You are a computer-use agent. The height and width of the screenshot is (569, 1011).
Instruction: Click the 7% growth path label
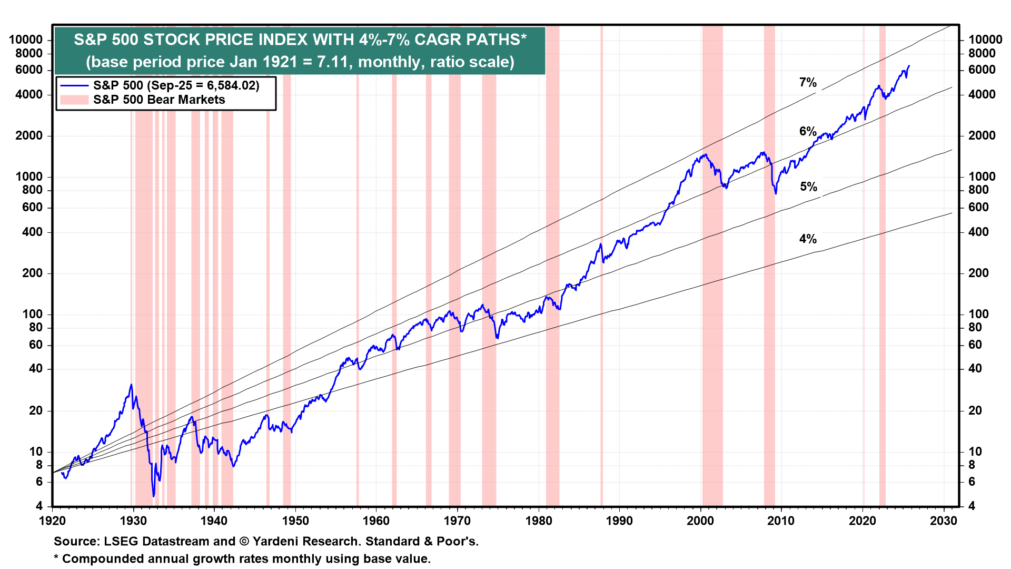point(808,82)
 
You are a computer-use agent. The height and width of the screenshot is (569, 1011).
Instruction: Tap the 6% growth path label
point(808,131)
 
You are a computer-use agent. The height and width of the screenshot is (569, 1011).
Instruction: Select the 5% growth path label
point(808,187)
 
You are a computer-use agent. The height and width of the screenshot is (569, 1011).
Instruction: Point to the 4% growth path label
point(808,239)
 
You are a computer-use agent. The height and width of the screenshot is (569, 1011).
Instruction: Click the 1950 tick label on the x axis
point(295,521)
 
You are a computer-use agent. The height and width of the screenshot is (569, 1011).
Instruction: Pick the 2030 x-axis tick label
point(944,521)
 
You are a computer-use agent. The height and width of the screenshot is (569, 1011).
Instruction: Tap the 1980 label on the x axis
point(539,521)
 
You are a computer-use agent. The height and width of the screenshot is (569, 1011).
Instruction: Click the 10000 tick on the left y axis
point(26,40)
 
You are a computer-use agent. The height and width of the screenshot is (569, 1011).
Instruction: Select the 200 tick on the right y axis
point(978,273)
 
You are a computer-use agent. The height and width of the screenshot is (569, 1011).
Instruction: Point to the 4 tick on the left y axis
point(39,506)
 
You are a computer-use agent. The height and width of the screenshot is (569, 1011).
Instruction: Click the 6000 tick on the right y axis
point(982,70)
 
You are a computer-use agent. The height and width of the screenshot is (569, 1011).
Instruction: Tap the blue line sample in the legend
point(74,85)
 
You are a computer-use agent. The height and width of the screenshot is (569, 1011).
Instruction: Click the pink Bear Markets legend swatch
point(74,100)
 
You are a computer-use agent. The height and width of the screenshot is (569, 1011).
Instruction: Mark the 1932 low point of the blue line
point(154,496)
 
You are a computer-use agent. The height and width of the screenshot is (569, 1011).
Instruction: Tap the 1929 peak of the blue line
point(131,385)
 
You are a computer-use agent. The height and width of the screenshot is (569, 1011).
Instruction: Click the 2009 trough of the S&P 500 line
point(776,194)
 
